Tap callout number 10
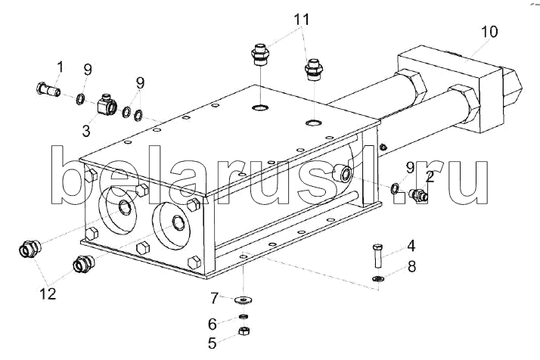489,32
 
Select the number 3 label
85,131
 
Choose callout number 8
411,265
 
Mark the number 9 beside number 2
409,167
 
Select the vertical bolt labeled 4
376,256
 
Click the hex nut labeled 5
245,331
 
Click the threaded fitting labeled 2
417,196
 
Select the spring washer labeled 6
245,316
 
